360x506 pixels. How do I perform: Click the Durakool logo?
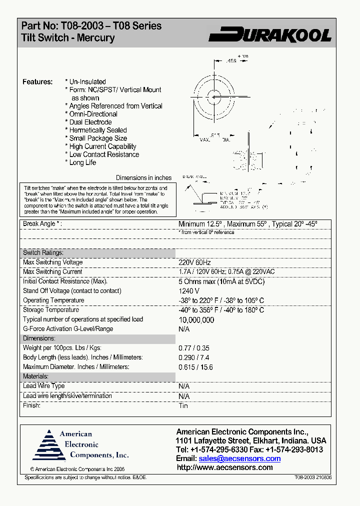[270, 34]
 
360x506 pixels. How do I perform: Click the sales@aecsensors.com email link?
[239, 458]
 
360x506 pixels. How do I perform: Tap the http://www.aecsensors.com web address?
[225, 467]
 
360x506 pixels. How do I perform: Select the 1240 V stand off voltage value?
[189, 291]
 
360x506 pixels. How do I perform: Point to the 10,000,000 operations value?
[196, 320]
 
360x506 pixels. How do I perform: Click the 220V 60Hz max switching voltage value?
[195, 262]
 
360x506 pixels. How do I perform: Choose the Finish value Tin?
[183, 405]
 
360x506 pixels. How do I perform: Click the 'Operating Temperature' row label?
[53, 300]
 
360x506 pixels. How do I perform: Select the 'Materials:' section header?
[35, 376]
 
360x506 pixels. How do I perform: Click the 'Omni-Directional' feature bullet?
[93, 114]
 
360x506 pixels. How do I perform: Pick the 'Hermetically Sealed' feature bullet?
[98, 130]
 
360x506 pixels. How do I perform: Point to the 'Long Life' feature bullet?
[82, 162]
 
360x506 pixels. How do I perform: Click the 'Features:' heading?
[37, 81]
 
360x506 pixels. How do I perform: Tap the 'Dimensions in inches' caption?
[143, 177]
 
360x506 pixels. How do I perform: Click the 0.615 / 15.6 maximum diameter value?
[196, 367]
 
